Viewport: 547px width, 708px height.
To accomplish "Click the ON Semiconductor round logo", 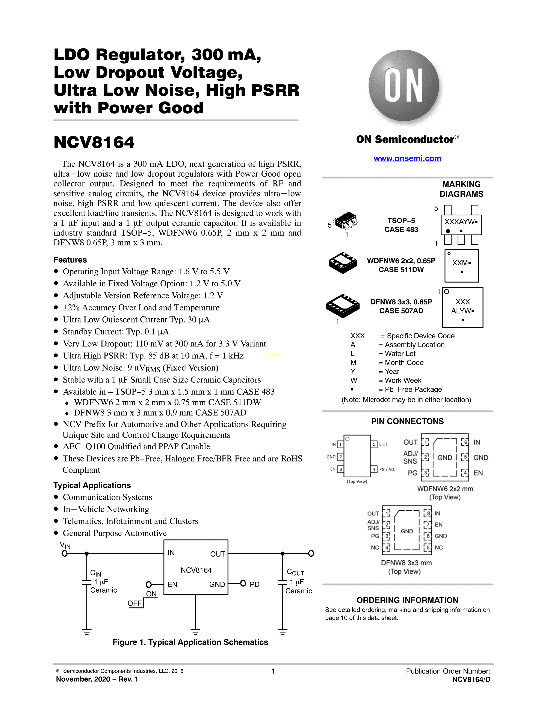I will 404,86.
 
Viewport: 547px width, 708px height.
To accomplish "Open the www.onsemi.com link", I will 407,159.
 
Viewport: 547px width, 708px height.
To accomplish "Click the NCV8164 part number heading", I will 94,142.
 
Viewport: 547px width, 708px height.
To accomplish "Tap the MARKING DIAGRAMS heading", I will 461,189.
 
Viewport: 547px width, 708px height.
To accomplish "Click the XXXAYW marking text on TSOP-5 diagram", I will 459,222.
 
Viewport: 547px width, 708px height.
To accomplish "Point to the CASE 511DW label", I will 401,270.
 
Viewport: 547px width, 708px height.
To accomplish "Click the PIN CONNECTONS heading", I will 407,421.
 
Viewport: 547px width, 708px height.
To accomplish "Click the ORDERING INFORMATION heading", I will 407,600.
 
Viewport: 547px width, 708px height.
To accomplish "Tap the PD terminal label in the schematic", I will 254,584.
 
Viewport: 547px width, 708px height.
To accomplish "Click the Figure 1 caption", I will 190,642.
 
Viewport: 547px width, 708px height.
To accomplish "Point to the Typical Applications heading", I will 92,485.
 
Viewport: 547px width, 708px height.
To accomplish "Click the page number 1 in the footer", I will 273,671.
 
